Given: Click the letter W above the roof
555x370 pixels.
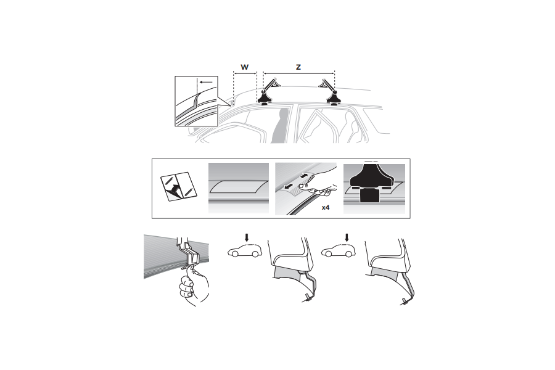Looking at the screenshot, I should (x=245, y=66).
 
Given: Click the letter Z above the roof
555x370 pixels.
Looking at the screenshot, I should (x=298, y=66).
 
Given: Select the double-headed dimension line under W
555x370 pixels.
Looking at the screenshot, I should (x=245, y=73).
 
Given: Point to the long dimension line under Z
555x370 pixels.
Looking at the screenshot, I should (x=299, y=73).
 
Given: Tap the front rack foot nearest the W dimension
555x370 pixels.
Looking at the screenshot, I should (x=266, y=94).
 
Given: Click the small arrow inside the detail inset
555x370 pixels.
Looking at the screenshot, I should (x=207, y=81).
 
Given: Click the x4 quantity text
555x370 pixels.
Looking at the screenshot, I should (x=326, y=208).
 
